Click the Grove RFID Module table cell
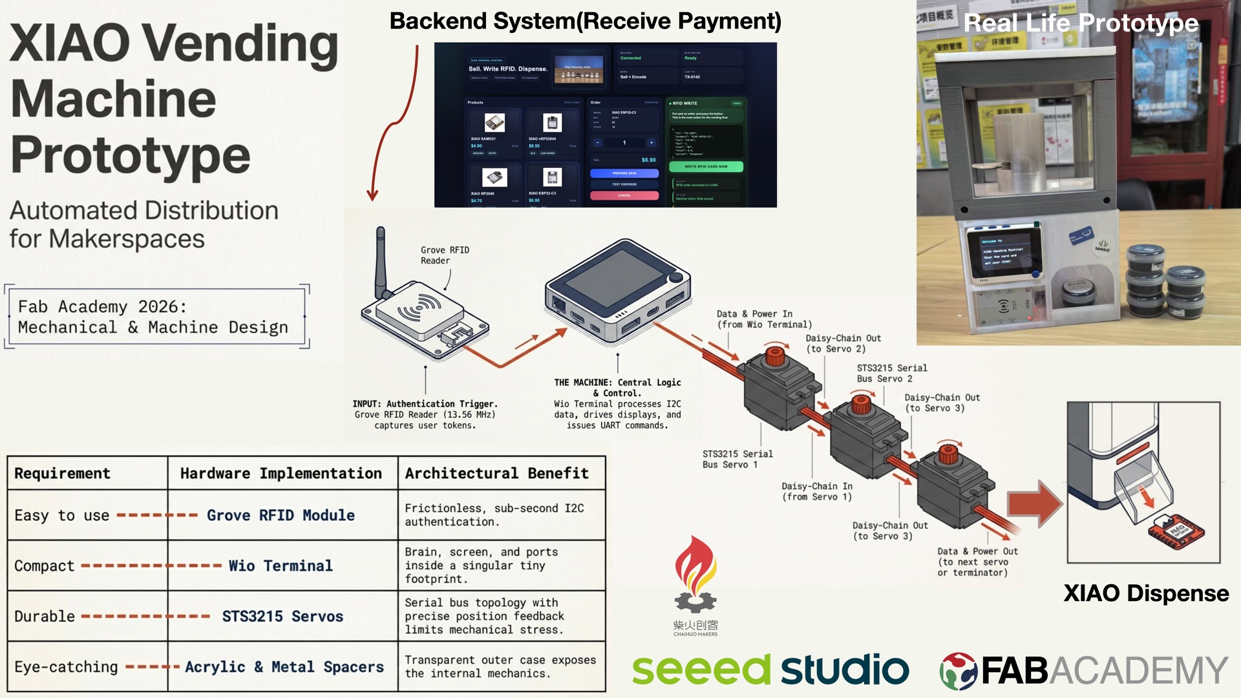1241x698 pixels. (281, 515)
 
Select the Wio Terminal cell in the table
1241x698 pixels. (281, 566)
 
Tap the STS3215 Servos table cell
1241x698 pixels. (282, 616)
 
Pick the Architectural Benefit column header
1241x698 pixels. (496, 473)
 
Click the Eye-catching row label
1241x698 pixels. (66, 666)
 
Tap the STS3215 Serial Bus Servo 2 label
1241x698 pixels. (891, 373)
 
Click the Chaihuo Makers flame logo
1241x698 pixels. (695, 575)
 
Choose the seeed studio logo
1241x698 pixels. (770, 669)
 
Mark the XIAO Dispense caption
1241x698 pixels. (1145, 593)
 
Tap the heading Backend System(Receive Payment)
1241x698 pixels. (585, 21)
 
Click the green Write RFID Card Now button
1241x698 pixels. (706, 166)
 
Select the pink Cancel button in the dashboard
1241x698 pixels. (624, 195)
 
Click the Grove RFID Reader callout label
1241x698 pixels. (444, 255)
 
